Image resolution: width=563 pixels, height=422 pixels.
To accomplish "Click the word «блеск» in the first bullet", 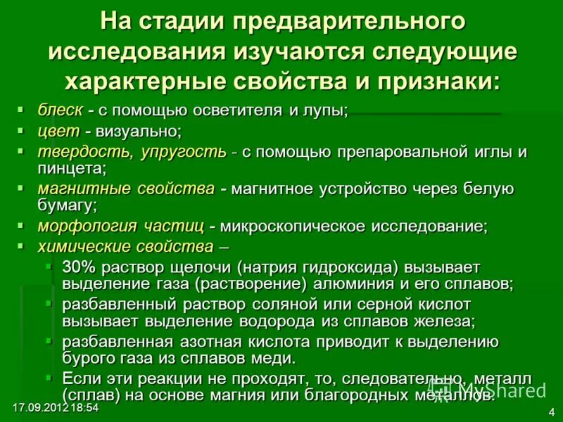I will (60, 110).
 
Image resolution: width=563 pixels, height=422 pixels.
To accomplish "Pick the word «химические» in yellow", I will (84, 247).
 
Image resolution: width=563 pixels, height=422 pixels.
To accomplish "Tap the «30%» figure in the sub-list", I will (77, 267).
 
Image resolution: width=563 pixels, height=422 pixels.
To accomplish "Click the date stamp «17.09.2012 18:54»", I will (54, 408).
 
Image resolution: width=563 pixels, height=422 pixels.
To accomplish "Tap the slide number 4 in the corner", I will (550, 411).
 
